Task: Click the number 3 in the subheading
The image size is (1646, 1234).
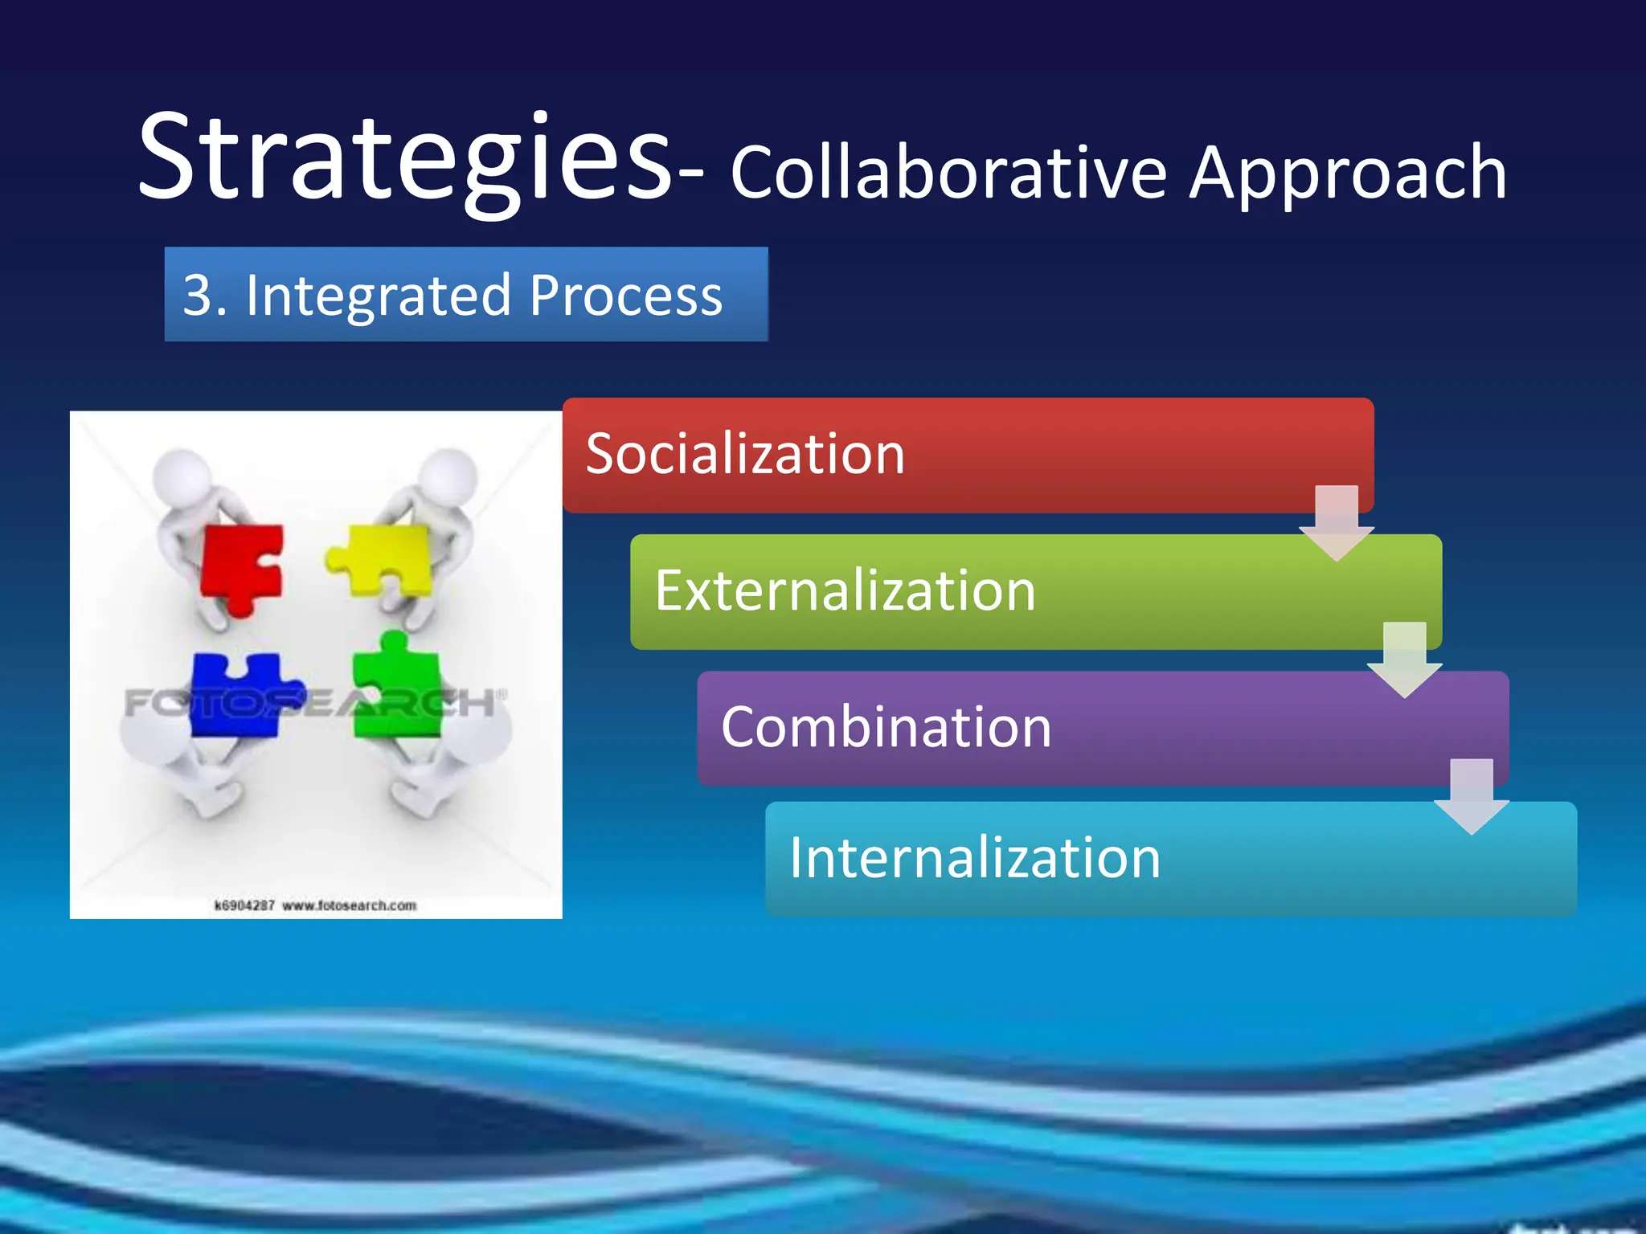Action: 199,295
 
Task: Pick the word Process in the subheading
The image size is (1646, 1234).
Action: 626,295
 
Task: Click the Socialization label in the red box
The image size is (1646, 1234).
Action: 745,454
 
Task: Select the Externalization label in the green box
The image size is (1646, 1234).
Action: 845,590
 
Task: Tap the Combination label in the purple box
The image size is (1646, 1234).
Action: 886,727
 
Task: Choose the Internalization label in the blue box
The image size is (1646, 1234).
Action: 974,858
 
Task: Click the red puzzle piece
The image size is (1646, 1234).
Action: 241,566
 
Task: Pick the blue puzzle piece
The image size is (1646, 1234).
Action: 241,695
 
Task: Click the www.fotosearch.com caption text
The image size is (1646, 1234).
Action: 349,905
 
